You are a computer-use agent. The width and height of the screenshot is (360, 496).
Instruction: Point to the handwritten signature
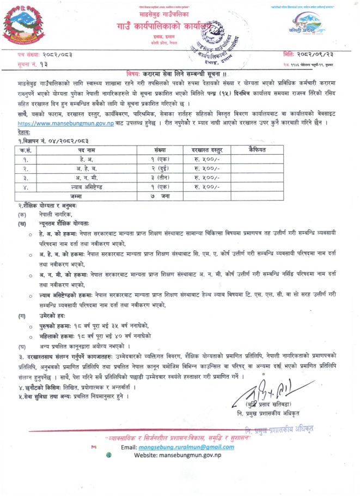pyautogui.click(x=265, y=389)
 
